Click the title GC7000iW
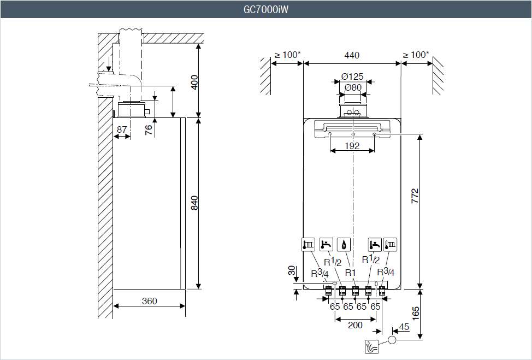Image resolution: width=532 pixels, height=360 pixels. tap(266, 9)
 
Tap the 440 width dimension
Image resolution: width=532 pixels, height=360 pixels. tap(352, 55)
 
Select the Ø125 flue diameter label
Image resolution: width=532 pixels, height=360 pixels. tap(353, 76)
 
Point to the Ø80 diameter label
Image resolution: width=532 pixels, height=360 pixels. tap(353, 87)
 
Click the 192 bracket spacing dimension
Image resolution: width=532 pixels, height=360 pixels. tap(352, 146)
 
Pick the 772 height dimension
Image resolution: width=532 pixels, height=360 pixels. tap(415, 197)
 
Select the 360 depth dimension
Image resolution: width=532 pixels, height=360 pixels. tap(149, 301)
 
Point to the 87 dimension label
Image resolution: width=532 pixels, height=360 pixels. tap(122, 129)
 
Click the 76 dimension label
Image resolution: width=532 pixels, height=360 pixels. tap(149, 129)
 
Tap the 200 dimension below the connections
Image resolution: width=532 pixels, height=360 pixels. tap(355, 325)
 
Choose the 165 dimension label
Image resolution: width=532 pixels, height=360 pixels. tap(416, 313)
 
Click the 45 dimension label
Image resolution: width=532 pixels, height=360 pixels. tap(404, 327)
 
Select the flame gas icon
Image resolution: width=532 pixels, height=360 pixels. tap(344, 244)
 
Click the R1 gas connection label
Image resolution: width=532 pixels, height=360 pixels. tap(350, 272)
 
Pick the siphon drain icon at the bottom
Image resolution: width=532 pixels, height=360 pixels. tap(371, 346)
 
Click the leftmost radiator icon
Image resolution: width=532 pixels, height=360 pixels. tap(309, 244)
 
